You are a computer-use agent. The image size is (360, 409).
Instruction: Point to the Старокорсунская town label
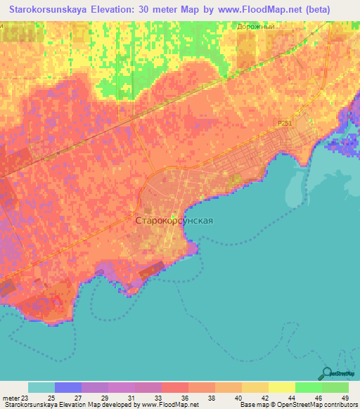[x=174, y=220]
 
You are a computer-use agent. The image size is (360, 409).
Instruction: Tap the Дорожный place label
[x=255, y=25]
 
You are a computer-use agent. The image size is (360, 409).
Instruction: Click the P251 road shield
[x=284, y=124]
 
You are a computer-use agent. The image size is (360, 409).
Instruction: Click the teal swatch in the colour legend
[x=41, y=387]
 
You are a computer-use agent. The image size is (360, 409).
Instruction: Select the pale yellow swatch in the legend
[x=281, y=387]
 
